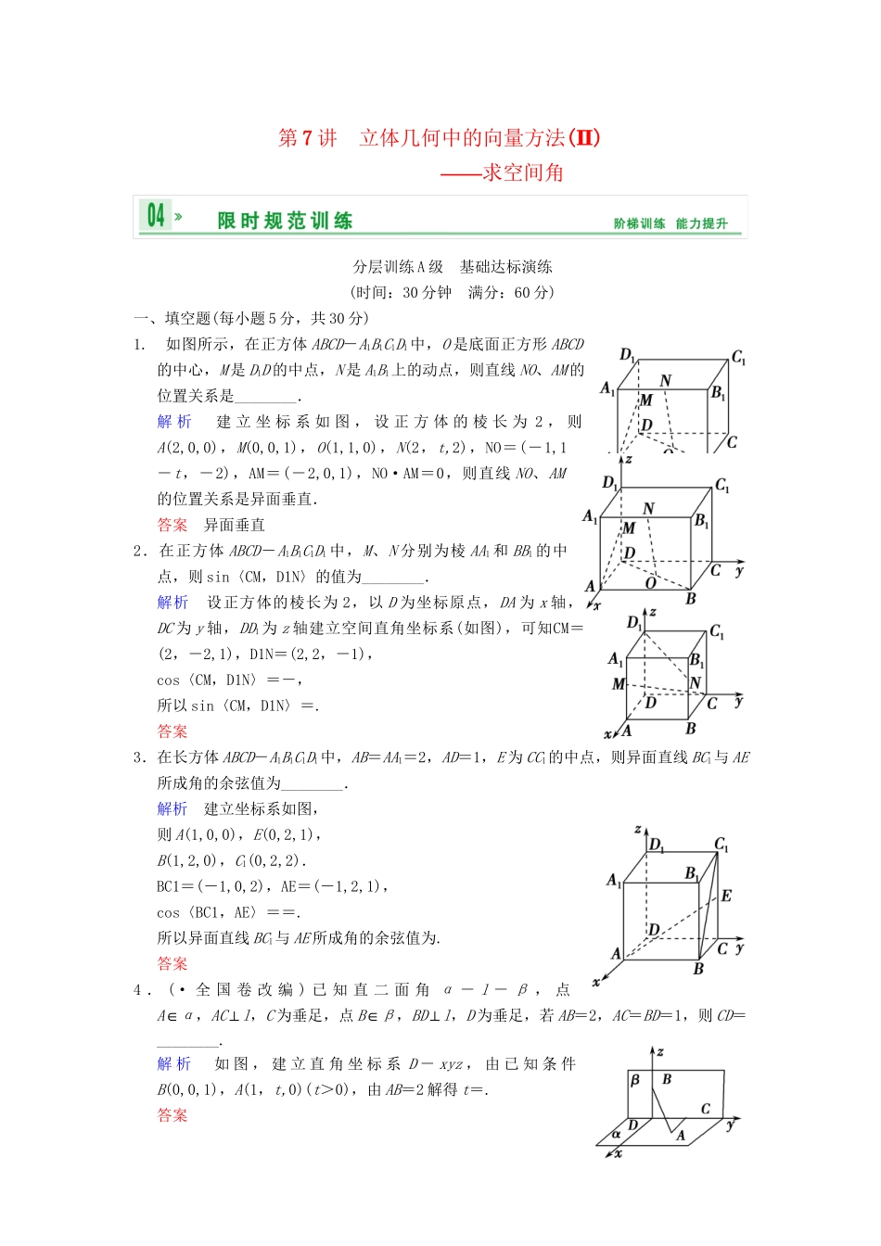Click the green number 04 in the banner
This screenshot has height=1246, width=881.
[x=156, y=216]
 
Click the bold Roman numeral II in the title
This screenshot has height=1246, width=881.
[x=583, y=137]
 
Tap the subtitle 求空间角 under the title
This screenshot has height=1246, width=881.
[x=523, y=172]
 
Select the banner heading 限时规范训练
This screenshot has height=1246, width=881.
[x=285, y=221]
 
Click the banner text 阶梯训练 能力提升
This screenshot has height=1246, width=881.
[x=670, y=223]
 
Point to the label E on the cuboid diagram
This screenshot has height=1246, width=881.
[x=726, y=896]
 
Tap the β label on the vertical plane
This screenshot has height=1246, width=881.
[x=635, y=1081]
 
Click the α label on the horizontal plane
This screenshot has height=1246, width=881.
[x=616, y=1134]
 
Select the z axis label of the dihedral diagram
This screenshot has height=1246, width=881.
[x=660, y=1052]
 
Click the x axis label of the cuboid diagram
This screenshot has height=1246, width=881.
[x=596, y=981]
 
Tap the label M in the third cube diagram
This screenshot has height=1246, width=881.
[x=618, y=684]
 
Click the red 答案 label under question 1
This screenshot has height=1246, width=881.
[x=172, y=525]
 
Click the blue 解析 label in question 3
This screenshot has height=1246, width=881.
[x=172, y=808]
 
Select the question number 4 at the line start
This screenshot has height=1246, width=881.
[x=137, y=990]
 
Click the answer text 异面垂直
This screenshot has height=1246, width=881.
[x=235, y=525]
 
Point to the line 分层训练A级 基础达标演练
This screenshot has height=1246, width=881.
[x=452, y=267]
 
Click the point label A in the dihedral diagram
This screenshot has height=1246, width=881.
[x=681, y=1136]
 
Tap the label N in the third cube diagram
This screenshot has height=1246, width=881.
[x=696, y=683]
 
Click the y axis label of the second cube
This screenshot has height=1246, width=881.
[x=738, y=571]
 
